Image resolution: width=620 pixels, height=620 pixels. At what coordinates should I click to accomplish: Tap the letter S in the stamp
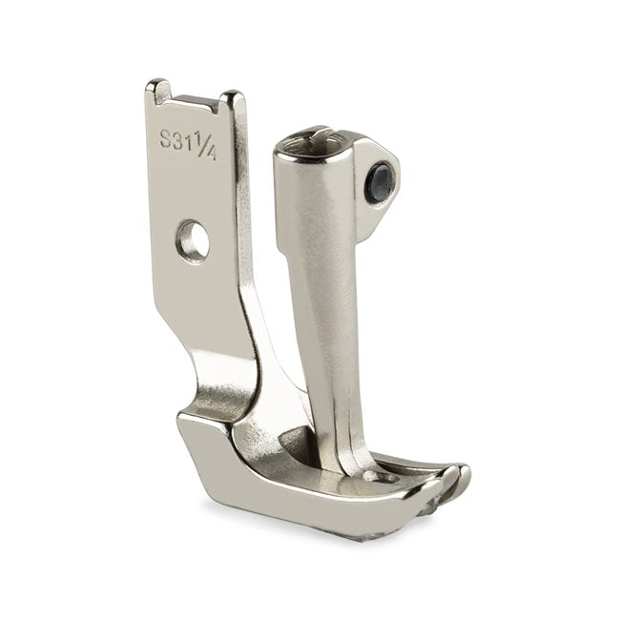166,138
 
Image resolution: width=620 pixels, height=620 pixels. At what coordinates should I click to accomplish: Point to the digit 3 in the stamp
178,141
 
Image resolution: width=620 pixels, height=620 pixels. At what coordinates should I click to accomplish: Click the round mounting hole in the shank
193,239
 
